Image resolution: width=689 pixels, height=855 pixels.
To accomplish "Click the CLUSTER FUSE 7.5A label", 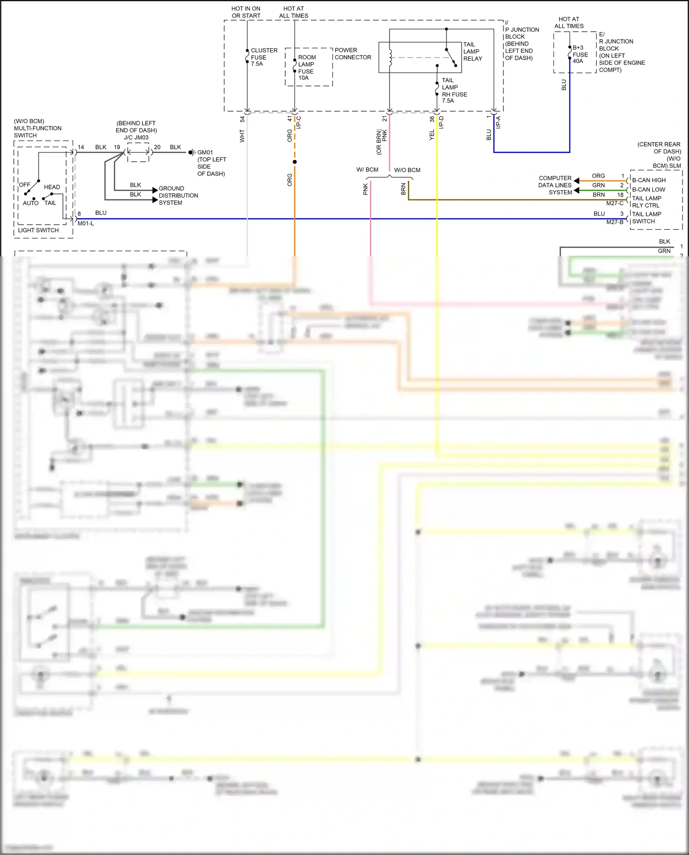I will coord(264,57).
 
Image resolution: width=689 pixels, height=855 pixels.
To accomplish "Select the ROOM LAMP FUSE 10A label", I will coord(306,68).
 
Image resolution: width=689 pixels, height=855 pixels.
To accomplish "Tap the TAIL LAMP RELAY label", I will coord(472,51).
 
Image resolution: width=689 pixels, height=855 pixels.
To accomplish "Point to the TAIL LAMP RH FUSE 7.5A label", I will coord(454,91).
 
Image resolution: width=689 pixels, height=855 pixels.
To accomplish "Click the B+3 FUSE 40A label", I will coord(580,54).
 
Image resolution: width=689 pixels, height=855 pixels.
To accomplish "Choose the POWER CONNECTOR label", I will coord(352,54).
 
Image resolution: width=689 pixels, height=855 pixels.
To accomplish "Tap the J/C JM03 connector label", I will coord(136,137).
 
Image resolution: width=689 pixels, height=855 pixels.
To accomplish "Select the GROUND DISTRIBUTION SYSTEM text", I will coord(178,195).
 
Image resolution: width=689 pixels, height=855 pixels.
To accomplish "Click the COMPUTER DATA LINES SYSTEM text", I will coord(555,185).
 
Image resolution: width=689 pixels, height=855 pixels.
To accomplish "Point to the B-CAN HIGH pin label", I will coord(649,180).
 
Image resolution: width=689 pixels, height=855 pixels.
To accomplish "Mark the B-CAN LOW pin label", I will coord(648,189).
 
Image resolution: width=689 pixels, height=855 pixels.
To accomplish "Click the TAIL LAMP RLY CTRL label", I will coord(646,202).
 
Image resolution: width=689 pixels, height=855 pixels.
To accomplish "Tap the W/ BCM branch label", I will coord(367,170).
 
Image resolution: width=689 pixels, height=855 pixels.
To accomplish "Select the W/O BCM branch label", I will coord(407,170).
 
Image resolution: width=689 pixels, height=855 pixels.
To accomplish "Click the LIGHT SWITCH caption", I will coord(38,230).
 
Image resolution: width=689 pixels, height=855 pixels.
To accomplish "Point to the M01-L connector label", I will coord(85,224).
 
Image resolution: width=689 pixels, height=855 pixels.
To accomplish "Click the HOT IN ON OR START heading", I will coord(246,12).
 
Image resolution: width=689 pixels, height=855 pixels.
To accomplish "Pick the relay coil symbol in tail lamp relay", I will coord(390,58).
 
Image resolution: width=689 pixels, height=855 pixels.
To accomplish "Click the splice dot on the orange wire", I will coord(294,162).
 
